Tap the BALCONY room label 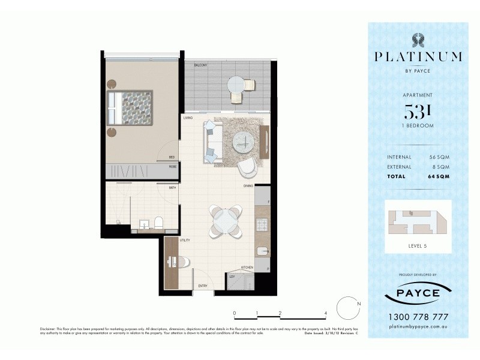(200, 64)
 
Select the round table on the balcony (236, 83)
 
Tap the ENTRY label (203, 286)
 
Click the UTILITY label (185, 240)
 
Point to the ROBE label (172, 167)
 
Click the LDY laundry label (232, 277)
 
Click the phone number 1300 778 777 (418, 317)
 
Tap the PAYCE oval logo (418, 294)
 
